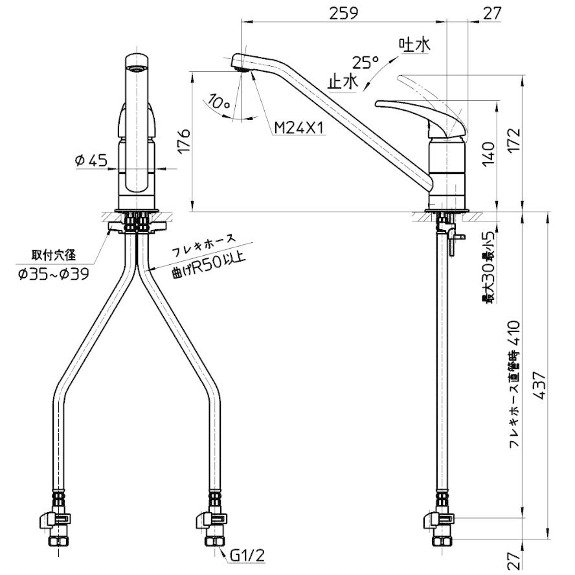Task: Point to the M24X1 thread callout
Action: coord(299,128)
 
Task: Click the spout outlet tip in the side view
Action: coord(240,63)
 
